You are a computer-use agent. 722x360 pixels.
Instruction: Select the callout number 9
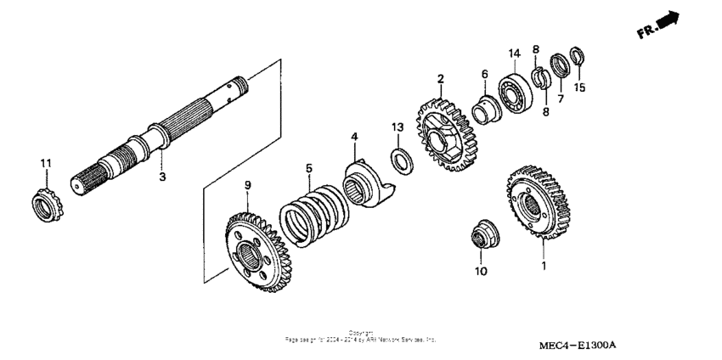(x=247, y=185)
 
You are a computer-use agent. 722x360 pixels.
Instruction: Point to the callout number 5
(x=310, y=168)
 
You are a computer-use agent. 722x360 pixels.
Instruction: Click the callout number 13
(x=397, y=127)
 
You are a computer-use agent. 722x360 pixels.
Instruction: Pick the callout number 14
(x=512, y=54)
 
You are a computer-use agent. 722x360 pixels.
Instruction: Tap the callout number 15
(x=580, y=87)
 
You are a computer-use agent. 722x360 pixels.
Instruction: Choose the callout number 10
(x=480, y=272)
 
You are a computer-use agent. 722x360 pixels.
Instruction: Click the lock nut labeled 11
(x=43, y=205)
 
